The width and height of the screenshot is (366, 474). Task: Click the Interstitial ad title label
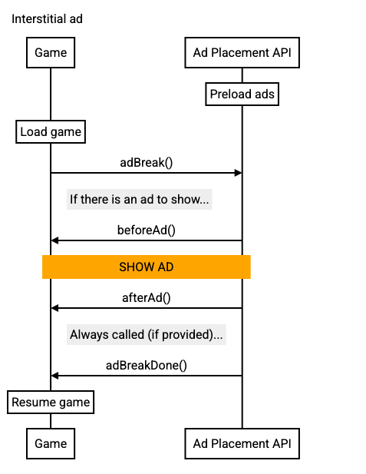coord(48,19)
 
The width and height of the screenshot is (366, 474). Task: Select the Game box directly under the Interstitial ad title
coord(51,53)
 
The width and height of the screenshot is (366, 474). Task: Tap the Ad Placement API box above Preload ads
coord(242,53)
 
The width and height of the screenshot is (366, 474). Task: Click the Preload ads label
coord(242,94)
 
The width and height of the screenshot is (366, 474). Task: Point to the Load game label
coord(51,132)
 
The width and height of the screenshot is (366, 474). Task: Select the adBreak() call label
coord(147,162)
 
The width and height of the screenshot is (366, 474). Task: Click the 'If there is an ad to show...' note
coord(139,200)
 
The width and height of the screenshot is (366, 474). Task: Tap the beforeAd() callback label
coord(147,230)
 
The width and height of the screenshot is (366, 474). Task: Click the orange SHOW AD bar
coord(147,267)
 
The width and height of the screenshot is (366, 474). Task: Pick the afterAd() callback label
coord(147,297)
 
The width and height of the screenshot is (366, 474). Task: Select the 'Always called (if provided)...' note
coord(147,335)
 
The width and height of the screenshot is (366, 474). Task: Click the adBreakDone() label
coord(147,365)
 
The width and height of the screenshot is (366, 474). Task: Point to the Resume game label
coord(51,403)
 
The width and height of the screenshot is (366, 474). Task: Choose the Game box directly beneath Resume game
coord(51,443)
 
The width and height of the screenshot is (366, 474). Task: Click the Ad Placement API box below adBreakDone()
coord(242,443)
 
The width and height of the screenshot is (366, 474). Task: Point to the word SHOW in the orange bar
coord(136,267)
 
